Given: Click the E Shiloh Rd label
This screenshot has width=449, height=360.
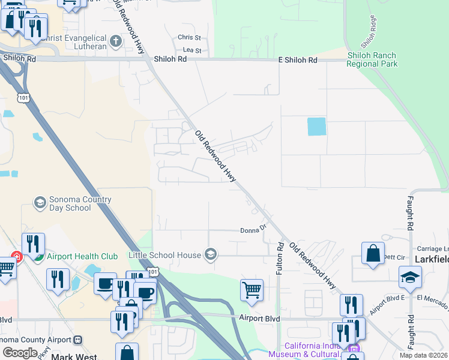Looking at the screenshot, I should [x=297, y=61].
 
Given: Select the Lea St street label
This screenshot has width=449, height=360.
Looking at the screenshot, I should [x=191, y=50].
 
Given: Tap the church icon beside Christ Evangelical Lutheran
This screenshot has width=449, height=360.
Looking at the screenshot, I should [x=116, y=41].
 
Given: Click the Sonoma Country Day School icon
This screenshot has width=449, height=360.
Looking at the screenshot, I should [x=40, y=201].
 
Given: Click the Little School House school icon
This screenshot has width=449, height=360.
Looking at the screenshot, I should [x=210, y=255].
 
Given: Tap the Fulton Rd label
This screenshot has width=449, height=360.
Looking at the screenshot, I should [x=280, y=259].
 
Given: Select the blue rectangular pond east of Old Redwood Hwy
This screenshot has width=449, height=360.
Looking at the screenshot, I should [x=316, y=127].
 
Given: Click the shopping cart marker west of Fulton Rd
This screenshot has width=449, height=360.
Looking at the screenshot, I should [x=252, y=290].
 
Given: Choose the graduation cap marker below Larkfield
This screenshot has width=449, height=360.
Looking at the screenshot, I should [x=410, y=277].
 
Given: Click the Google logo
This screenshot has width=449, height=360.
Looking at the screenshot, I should [x=20, y=352].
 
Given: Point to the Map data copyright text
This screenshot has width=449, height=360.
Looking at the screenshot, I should [x=423, y=355].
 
